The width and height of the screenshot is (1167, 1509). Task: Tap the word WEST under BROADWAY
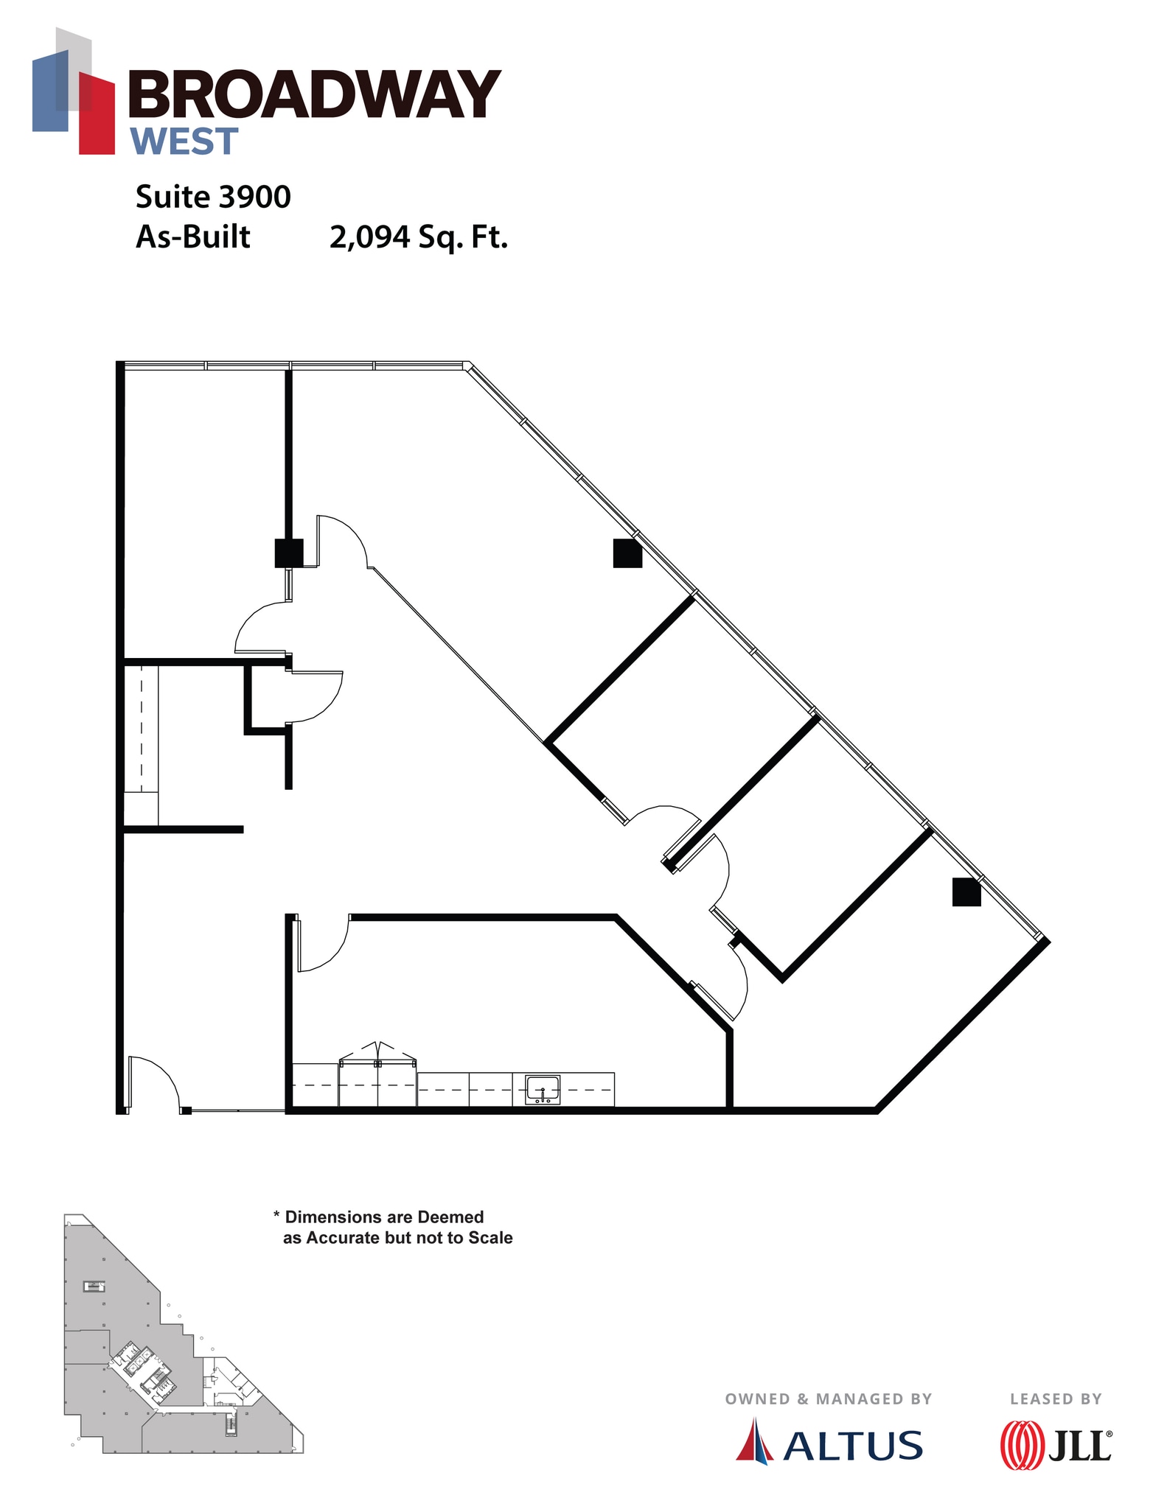pyautogui.click(x=184, y=141)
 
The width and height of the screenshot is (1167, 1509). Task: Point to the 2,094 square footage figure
pyautogui.click(x=369, y=237)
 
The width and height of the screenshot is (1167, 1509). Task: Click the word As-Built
pyautogui.click(x=193, y=237)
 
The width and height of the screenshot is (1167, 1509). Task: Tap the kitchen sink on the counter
pyautogui.click(x=542, y=1089)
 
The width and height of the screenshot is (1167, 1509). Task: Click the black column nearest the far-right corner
pyautogui.click(x=966, y=892)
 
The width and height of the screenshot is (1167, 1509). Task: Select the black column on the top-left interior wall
pyautogui.click(x=288, y=553)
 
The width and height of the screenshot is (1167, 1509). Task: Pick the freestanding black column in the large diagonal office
pyautogui.click(x=627, y=553)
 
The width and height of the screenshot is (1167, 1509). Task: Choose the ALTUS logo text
pyautogui.click(x=852, y=1446)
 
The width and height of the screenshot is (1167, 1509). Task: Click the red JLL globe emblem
pyautogui.click(x=1022, y=1446)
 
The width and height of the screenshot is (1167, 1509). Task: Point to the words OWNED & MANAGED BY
pyautogui.click(x=828, y=1398)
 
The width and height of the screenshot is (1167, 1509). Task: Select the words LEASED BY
pyautogui.click(x=1055, y=1398)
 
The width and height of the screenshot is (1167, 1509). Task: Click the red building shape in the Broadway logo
pyautogui.click(x=97, y=114)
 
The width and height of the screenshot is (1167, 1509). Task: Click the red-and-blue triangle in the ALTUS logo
pyautogui.click(x=754, y=1441)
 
